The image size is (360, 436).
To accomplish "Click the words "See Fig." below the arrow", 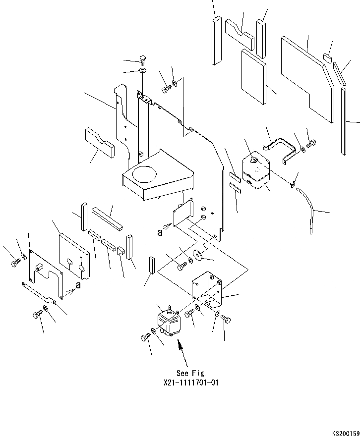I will click(190, 373).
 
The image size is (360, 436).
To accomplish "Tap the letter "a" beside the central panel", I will click(160, 233).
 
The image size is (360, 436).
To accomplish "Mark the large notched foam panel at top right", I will click(306, 78).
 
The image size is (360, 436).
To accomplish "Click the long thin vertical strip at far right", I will click(344, 121).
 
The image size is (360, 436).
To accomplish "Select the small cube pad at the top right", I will click(327, 57).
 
